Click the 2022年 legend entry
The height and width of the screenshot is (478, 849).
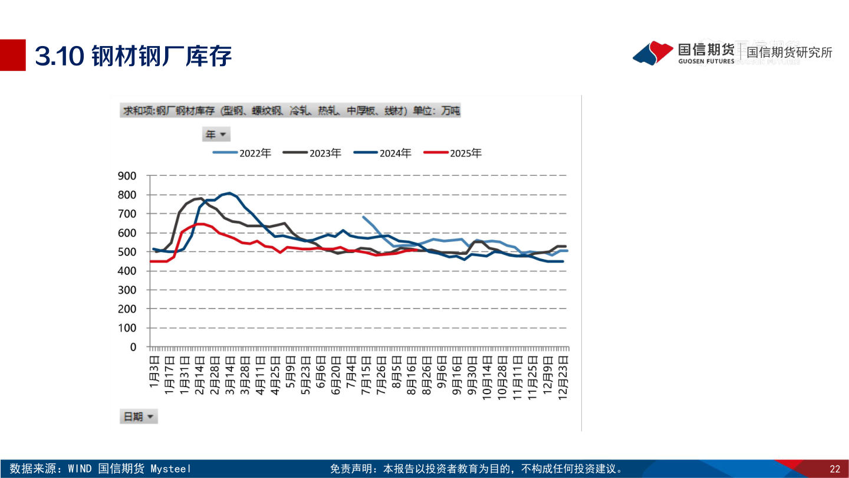coord(242,153)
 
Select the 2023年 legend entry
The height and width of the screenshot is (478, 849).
coord(312,153)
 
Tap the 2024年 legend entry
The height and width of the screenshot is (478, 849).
coord(383,153)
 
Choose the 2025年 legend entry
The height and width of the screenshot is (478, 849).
coord(453,153)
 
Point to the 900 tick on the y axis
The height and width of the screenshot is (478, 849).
coord(127,176)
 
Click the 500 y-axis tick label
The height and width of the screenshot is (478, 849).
coord(127,252)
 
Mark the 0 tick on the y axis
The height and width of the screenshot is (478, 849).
coord(133,347)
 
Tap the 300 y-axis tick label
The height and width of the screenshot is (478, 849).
coord(127,290)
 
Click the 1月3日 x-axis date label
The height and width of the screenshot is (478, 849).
coord(154,371)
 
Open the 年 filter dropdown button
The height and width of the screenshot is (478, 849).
coord(216,135)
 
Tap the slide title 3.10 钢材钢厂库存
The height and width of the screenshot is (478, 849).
coord(133,56)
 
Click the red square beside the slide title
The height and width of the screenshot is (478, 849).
coord(12,55)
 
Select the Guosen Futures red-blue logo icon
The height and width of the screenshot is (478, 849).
coord(653,53)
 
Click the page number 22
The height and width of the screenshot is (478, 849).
coord(834,469)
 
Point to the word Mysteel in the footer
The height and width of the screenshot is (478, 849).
coord(171,469)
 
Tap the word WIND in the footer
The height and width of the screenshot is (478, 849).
coord(80,469)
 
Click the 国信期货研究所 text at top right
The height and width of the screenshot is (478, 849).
coord(789,52)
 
